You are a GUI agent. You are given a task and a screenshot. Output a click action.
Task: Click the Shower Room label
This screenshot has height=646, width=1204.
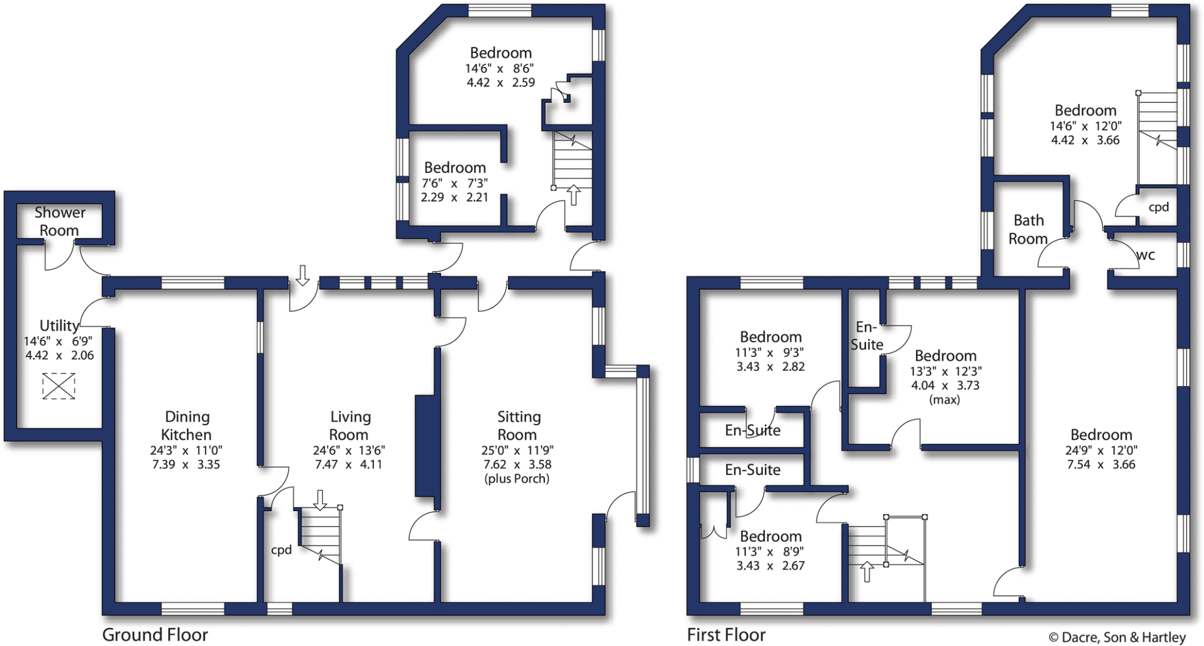click(59, 221)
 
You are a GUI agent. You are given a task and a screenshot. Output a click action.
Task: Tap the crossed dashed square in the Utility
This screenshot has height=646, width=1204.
click(59, 387)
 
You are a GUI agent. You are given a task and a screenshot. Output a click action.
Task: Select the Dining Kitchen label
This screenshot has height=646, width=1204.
click(186, 425)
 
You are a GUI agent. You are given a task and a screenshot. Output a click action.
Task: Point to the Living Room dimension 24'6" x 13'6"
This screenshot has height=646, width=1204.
click(349, 450)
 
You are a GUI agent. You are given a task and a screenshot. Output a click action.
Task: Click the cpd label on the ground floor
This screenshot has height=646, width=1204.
click(281, 550)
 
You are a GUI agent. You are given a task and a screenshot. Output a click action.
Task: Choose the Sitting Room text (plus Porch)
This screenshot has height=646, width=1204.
click(517, 478)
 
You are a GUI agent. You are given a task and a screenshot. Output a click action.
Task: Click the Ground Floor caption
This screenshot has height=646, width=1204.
click(155, 635)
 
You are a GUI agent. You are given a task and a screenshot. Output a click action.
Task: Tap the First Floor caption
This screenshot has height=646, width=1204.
click(726, 635)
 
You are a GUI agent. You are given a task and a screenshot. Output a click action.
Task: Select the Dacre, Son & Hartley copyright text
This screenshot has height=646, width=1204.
click(1117, 637)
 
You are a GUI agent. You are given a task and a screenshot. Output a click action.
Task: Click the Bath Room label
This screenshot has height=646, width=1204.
click(1028, 229)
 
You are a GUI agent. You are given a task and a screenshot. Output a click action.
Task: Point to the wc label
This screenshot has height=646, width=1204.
click(1145, 255)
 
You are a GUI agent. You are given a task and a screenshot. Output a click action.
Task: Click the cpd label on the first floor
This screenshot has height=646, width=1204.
click(1158, 207)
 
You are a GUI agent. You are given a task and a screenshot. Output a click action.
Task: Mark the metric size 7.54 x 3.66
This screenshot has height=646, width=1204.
click(1101, 464)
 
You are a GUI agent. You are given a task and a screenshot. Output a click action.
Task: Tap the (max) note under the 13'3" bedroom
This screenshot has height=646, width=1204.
click(944, 399)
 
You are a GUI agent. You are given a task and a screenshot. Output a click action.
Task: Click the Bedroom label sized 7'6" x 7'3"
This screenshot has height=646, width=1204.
click(454, 168)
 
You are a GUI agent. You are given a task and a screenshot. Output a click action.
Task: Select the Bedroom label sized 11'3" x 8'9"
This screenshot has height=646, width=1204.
click(770, 536)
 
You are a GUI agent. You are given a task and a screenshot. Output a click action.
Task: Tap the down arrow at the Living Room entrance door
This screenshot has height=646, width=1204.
click(302, 274)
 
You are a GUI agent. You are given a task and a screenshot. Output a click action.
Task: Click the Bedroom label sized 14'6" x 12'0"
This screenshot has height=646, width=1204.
click(1085, 111)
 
